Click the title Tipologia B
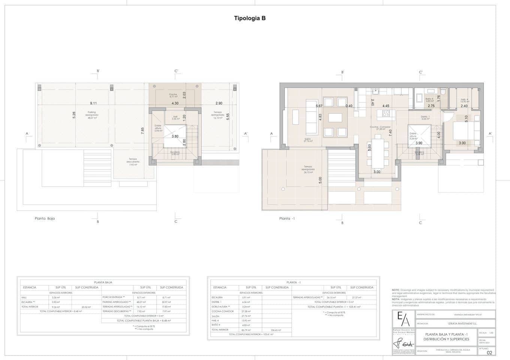tap(250, 18)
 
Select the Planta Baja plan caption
tap(45, 218)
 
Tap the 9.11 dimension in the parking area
tap(93, 103)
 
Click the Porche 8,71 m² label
tap(173, 95)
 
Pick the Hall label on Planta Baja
tap(175, 117)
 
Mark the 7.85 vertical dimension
tap(142, 130)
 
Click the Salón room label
tap(308, 140)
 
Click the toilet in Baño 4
tap(443, 92)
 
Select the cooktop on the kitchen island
tap(386, 113)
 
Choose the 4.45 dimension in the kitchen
tap(386, 106)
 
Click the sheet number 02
tap(489, 352)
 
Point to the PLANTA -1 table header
tap(293, 282)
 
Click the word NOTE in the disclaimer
tap(396, 290)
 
